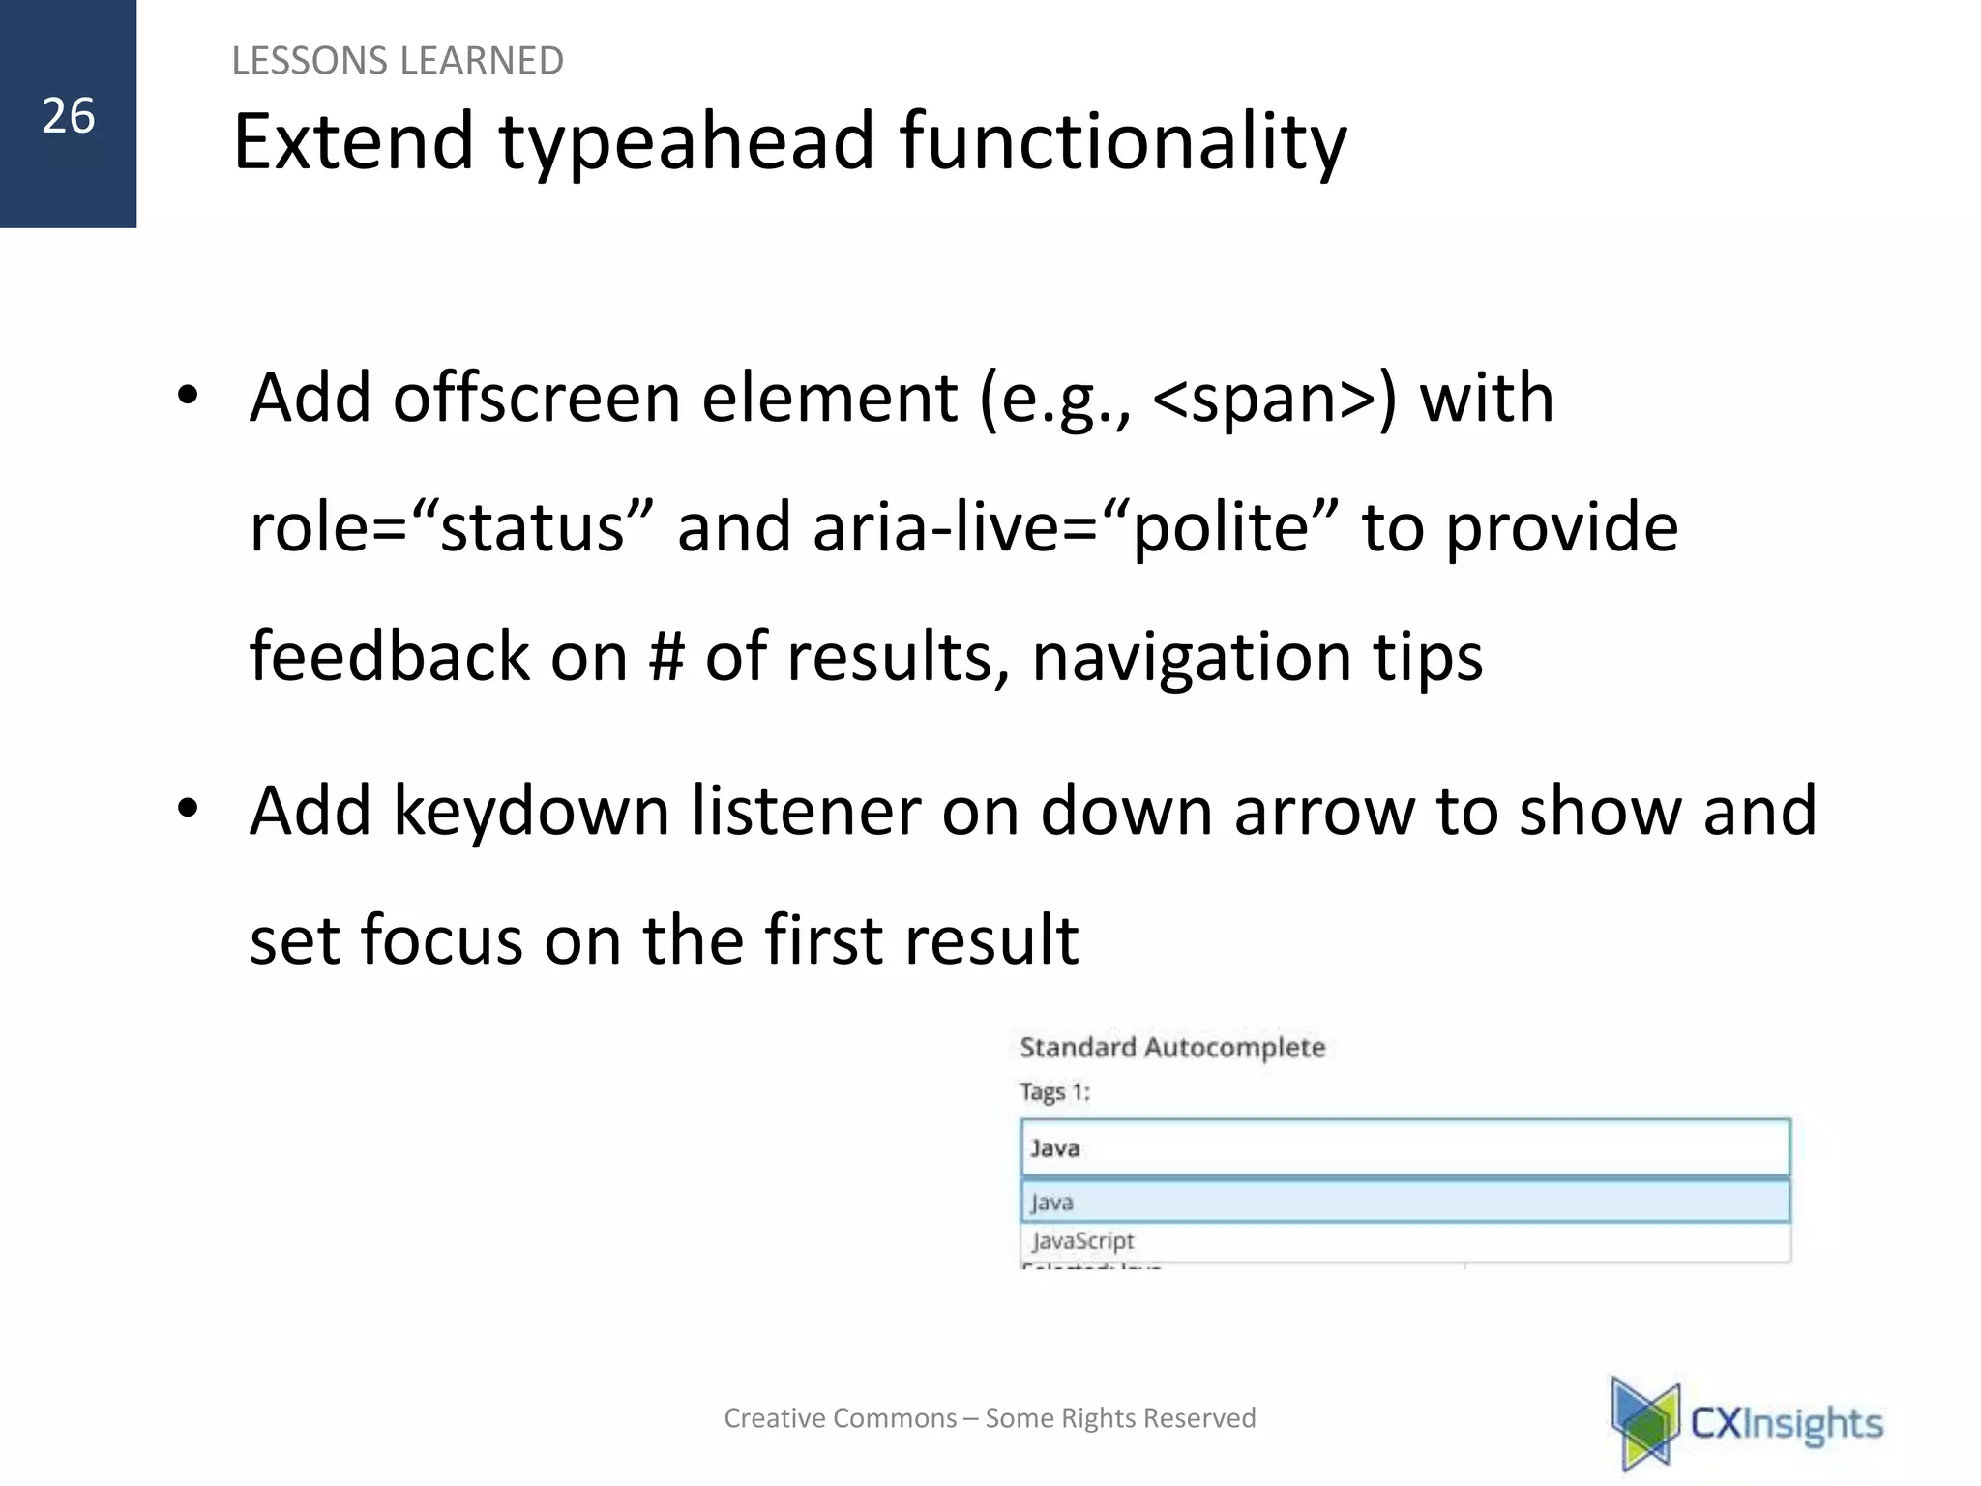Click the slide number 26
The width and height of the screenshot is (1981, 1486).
click(68, 116)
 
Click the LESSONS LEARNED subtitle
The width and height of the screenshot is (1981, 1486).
click(397, 61)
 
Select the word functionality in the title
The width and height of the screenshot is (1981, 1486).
click(1122, 142)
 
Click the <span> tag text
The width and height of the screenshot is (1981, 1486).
click(1275, 399)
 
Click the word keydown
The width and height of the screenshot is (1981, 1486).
click(531, 811)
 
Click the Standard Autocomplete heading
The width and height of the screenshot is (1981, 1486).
click(1171, 1047)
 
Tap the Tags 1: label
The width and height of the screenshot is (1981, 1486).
click(1054, 1092)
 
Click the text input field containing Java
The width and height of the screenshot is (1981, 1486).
click(1404, 1148)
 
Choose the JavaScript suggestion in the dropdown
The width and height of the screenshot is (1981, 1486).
click(1082, 1241)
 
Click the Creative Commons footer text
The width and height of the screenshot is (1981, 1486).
click(990, 1418)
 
